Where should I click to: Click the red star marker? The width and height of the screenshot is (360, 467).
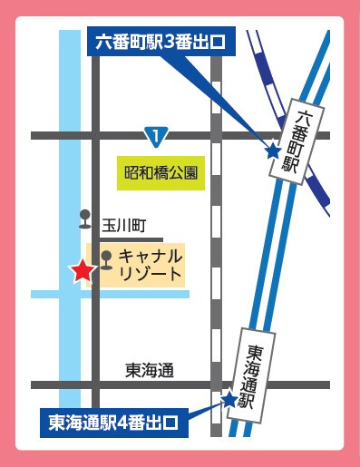point(82,270)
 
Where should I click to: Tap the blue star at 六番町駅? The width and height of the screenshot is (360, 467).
point(272,151)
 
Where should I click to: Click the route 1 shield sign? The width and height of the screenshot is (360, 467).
point(157,137)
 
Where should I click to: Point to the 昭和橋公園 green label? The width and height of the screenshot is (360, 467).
point(160,170)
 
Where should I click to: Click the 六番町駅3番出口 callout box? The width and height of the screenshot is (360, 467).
point(160,43)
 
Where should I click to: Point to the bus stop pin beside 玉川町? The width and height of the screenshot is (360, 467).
point(85,219)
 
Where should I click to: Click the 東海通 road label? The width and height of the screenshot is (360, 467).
point(150,369)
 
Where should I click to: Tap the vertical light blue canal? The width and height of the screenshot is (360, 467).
point(70,181)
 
